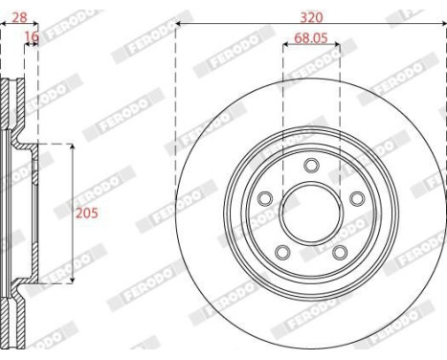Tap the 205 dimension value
click(86, 213)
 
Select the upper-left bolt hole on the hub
click(267, 198)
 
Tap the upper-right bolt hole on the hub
click(355, 198)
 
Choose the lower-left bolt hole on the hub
click(283, 251)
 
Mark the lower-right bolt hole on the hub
click(339, 251)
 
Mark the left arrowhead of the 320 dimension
click(179, 27)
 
